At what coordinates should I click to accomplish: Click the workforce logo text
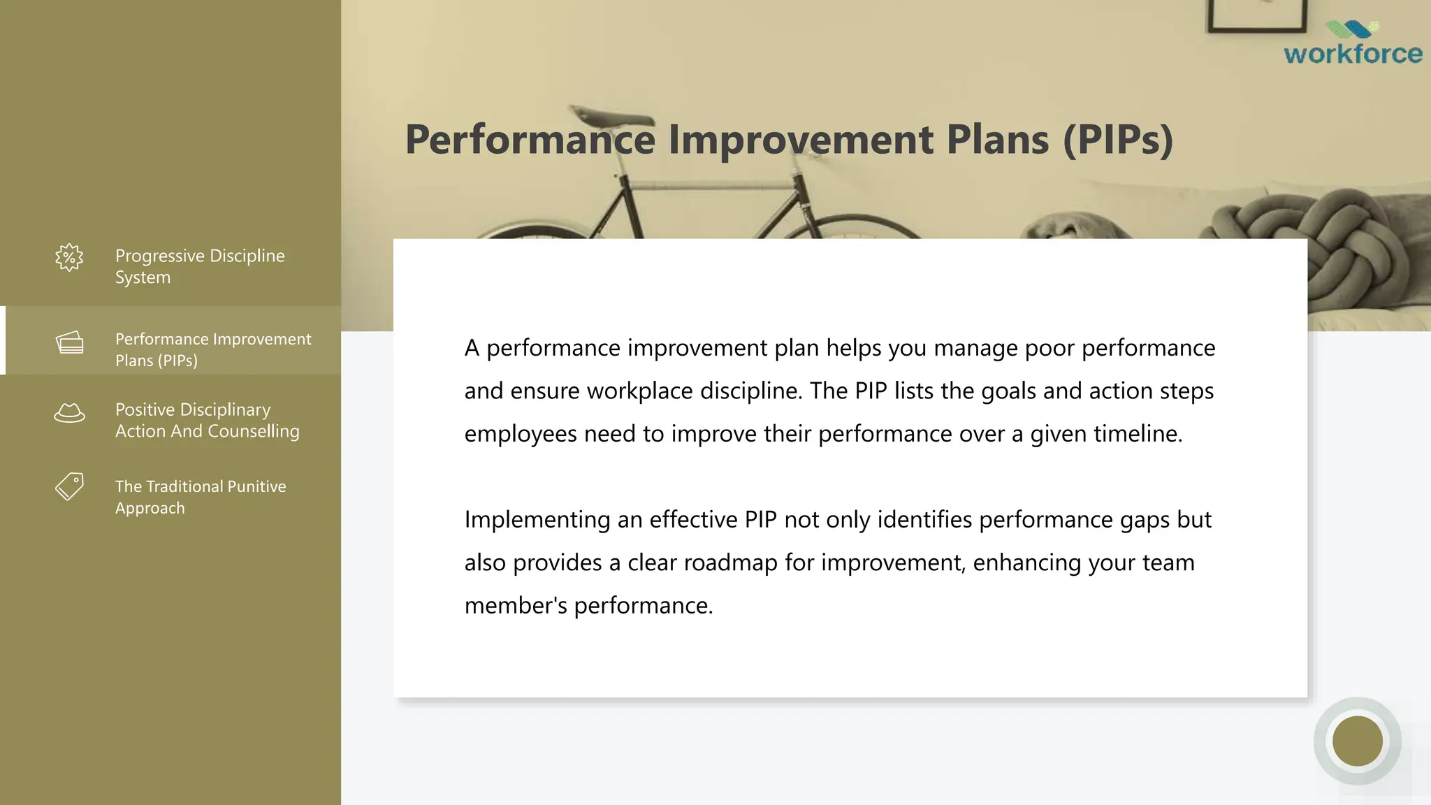(1353, 54)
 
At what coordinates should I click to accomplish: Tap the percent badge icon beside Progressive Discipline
(69, 258)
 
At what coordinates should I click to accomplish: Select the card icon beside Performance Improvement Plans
(70, 342)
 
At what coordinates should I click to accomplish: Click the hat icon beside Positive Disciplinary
(69, 413)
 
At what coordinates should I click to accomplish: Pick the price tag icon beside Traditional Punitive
(69, 486)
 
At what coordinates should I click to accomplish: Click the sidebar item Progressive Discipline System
(200, 266)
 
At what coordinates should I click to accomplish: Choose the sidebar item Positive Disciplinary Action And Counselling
(207, 420)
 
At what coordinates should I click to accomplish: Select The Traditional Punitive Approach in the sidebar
(201, 497)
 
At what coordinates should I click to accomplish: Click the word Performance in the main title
(530, 139)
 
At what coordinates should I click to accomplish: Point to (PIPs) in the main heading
(1117, 139)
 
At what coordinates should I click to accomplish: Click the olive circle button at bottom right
(1357, 741)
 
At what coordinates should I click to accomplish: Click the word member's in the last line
(516, 605)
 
